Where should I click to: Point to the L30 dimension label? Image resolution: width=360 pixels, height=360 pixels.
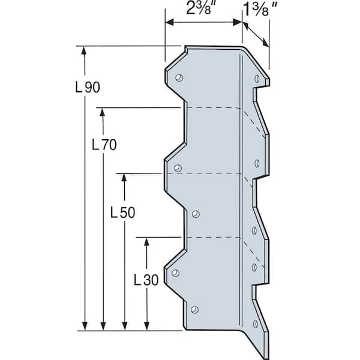(145, 280)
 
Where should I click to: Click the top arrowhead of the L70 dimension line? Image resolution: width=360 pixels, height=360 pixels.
(104, 112)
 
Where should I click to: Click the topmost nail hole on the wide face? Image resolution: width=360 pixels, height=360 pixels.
(179, 77)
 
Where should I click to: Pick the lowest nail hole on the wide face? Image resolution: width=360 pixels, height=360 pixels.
(193, 310)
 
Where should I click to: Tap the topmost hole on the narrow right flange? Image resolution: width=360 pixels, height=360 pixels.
(257, 79)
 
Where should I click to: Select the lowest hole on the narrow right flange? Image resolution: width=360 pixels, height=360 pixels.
(256, 324)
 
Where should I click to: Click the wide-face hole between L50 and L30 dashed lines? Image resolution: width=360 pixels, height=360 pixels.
(195, 212)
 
